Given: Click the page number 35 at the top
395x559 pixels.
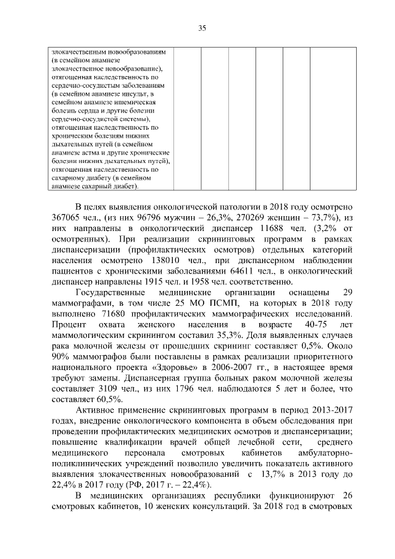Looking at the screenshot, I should [x=201, y=27].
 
